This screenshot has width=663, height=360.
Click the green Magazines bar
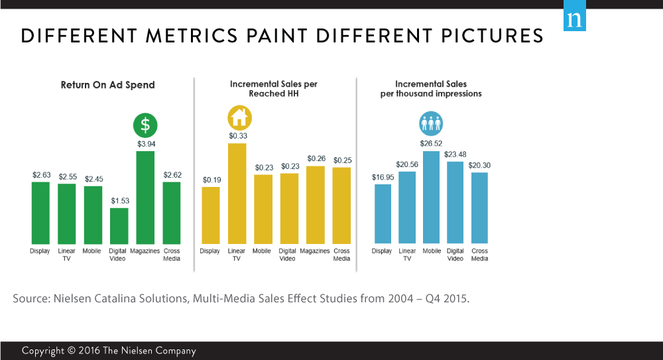coord(145,197)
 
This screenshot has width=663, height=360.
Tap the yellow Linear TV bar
coord(237,193)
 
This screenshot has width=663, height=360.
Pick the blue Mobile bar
coord(432,197)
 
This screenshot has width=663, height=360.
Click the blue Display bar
coord(383,213)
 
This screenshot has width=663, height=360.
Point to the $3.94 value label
coord(146,144)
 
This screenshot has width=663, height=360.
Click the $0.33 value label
coord(237,136)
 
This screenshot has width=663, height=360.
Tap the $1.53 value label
coord(119,201)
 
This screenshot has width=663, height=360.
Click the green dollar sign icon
coord(145,126)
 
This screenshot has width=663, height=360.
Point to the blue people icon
coord(431,124)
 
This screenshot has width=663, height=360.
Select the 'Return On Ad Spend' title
coord(107,85)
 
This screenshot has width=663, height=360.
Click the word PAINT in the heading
coord(275,36)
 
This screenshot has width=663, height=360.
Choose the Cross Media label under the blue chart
coord(479,255)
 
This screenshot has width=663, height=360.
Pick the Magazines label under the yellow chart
coord(315,251)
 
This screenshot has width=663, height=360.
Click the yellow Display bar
coord(210,215)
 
